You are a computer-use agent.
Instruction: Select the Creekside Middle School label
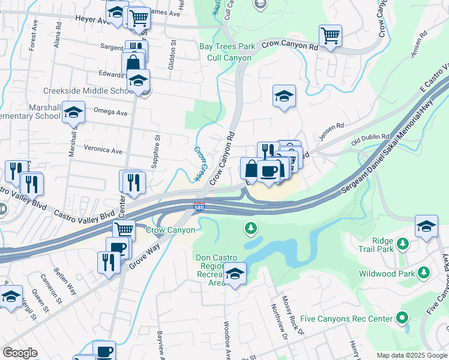[88, 91]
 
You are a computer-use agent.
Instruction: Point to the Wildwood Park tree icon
[424, 273]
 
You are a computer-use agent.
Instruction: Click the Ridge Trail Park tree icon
[403, 243]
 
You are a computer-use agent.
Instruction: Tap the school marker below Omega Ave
[73, 113]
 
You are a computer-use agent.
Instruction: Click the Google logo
[20, 353]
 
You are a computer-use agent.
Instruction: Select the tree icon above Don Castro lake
[251, 228]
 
